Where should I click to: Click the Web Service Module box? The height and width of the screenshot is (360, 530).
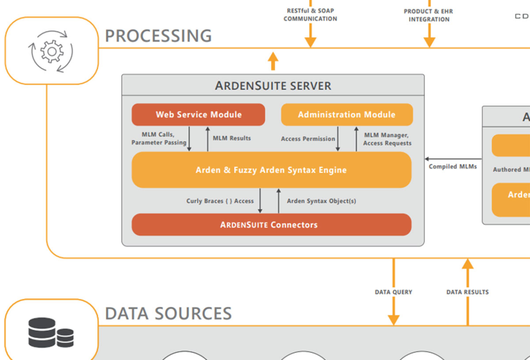coord(198,114)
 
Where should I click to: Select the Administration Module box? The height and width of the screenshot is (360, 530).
coord(347,114)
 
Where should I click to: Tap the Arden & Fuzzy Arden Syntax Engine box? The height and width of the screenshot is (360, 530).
coord(271,170)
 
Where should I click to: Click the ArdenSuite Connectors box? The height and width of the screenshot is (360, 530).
coord(271,225)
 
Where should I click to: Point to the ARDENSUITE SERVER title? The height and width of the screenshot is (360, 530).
coord(273,86)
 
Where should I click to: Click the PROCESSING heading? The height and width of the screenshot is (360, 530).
coord(158,36)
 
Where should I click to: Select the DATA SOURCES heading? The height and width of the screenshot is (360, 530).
coord(168,313)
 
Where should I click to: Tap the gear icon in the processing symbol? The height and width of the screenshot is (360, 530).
coord(52,51)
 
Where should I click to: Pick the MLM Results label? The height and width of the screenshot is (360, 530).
coord(232,138)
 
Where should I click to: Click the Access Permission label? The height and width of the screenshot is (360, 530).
coord(308,139)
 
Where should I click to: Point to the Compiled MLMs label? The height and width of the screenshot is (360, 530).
coord(453,166)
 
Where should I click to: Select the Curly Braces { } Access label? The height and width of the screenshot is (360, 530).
coord(220,201)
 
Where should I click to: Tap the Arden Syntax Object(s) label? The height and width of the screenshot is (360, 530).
coord(321,201)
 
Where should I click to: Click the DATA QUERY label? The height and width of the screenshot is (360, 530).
coord(393,292)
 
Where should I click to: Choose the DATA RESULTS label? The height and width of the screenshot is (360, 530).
coord(467,292)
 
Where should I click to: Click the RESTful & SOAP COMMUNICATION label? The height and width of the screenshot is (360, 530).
coord(310,15)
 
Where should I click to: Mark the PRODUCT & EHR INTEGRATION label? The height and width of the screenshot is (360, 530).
coord(429,15)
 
